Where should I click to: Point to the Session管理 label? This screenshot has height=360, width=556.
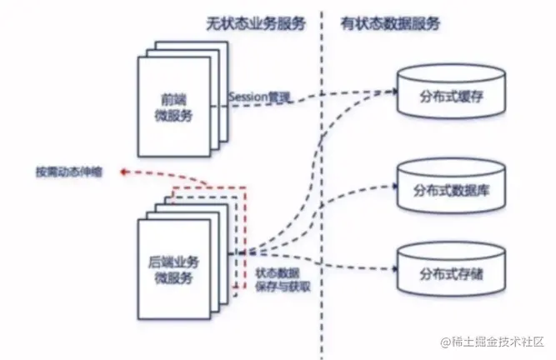pos(260,97)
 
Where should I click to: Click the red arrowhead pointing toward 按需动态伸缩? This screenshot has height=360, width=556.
pos(122,172)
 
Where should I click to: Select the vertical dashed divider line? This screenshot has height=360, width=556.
pos(321,183)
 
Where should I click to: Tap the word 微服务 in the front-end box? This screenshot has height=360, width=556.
pos(173,115)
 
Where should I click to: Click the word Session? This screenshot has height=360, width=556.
pos(247,97)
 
